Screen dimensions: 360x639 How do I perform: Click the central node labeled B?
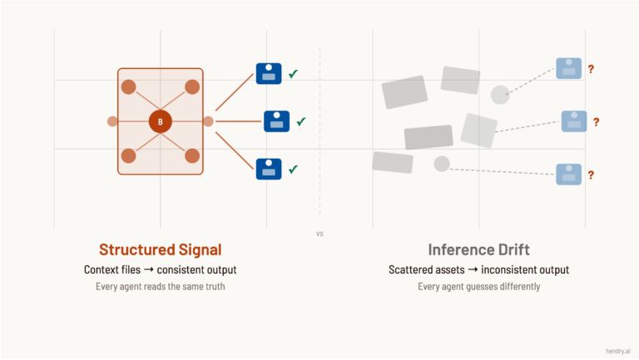point(161,121)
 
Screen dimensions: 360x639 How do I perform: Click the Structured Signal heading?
point(161,249)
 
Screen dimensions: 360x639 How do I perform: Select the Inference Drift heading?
point(478,249)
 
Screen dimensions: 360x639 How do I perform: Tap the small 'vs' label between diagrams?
point(319,234)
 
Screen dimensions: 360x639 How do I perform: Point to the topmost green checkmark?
point(293,75)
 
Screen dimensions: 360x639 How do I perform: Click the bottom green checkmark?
point(293,170)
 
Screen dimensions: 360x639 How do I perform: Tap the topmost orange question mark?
point(591,69)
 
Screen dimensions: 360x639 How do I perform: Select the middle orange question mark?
point(596,122)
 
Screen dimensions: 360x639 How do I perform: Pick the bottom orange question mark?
point(591,175)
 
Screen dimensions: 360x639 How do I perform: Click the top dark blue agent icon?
point(268,73)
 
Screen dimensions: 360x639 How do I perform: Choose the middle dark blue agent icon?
point(276,121)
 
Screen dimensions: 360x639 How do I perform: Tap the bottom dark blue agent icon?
point(268,169)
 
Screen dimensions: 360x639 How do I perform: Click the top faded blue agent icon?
point(569,68)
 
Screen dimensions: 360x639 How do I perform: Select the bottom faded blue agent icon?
point(569,175)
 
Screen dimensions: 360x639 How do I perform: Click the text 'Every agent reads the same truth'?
point(161,287)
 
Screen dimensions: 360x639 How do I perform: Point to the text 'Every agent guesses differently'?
point(478,287)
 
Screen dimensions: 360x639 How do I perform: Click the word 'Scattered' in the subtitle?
point(414,269)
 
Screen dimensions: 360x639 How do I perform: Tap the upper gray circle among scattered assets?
point(500,95)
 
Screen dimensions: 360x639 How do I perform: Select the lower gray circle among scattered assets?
point(442,164)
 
